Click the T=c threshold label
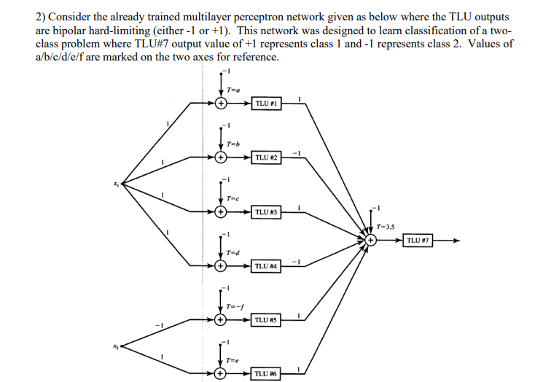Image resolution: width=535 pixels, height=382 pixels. (x=233, y=198)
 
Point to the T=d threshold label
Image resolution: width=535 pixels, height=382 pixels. (x=233, y=252)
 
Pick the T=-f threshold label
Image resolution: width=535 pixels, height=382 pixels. (x=235, y=305)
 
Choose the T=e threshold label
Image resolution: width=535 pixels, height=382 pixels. (x=233, y=359)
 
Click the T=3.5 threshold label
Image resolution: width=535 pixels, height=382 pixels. (x=386, y=225)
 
